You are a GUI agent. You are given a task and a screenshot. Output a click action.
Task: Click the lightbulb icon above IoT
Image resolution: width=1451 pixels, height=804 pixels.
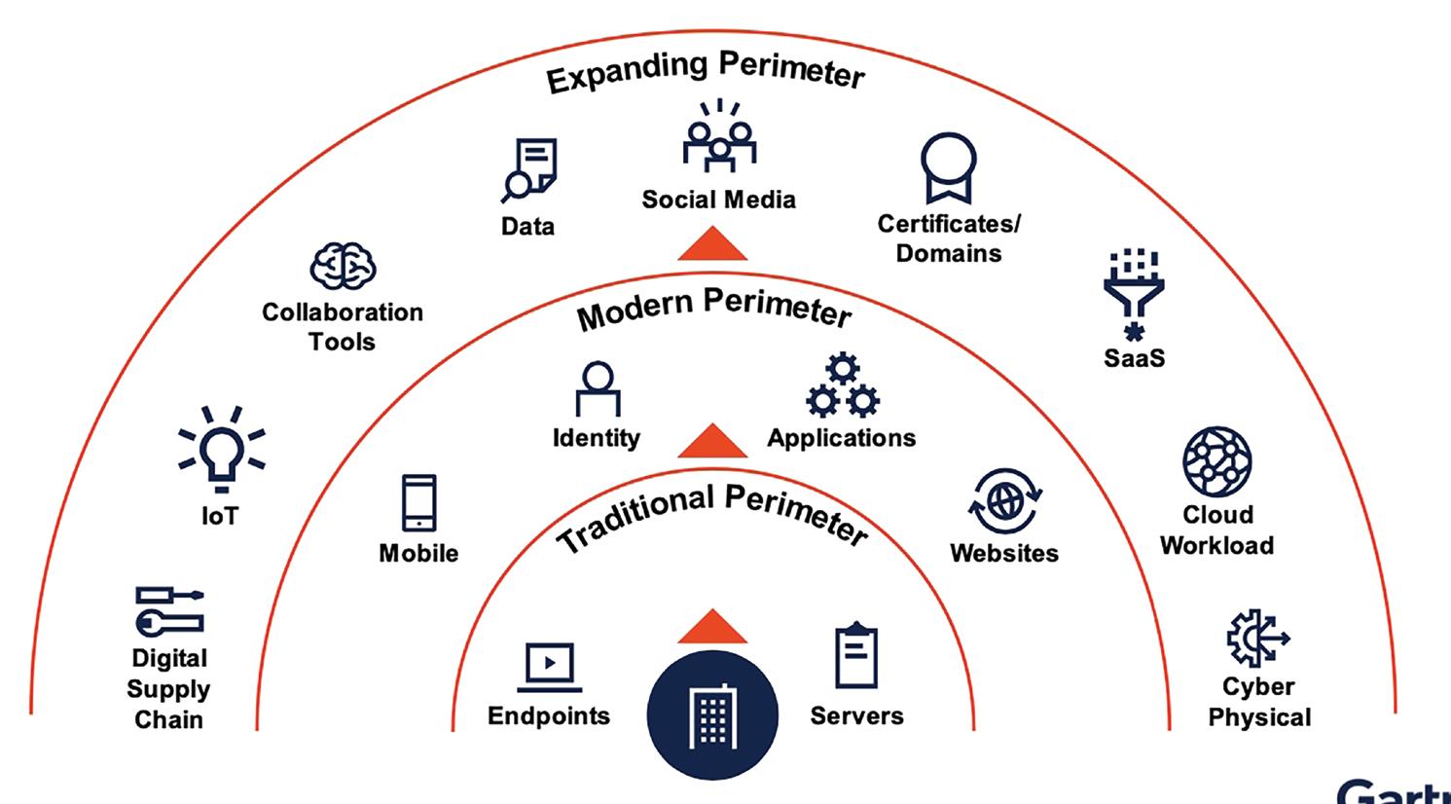221,449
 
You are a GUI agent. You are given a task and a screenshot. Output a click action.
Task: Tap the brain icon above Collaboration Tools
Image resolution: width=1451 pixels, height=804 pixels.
343,266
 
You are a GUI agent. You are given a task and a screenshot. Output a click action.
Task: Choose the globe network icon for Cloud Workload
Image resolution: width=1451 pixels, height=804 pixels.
1216,461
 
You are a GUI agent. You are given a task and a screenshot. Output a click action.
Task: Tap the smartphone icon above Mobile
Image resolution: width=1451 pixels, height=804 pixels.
419,503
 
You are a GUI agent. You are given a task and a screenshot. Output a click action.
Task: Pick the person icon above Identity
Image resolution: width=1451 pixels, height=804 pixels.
597,389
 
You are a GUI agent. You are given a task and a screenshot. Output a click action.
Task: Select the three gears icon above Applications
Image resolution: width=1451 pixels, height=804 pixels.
842,386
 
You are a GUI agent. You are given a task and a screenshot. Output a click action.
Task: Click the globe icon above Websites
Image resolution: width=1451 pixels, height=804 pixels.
1004,501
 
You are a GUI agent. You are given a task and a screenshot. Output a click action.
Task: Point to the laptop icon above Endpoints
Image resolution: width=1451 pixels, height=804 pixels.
550,667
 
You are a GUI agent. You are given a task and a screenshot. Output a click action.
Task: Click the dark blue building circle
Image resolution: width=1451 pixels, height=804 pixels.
712,715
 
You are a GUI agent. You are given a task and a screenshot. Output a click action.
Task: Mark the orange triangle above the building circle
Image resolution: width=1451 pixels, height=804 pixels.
712,627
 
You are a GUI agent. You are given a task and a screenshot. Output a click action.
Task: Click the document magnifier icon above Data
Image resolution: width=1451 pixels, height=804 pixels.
530,170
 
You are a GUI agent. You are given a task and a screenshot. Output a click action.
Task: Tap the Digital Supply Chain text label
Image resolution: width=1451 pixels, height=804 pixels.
168,689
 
